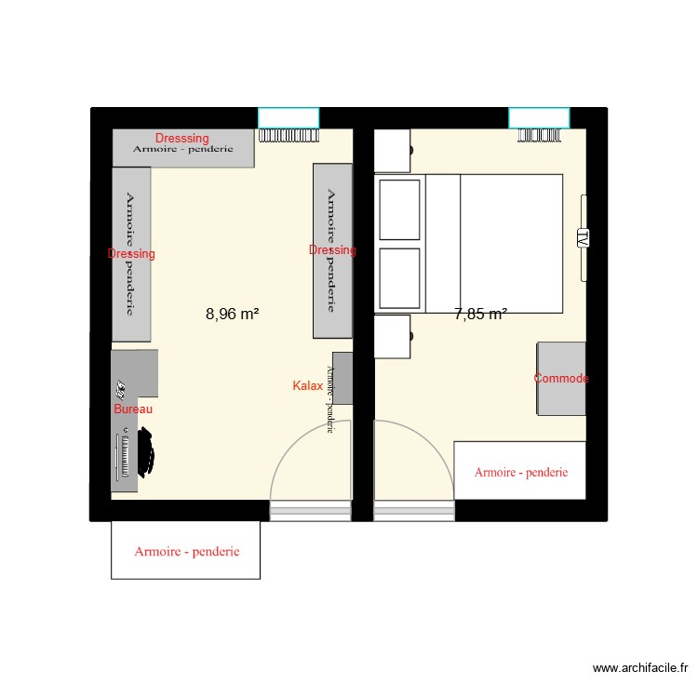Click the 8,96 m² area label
(x=232, y=315)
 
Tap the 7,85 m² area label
(x=480, y=315)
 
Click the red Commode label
(x=561, y=379)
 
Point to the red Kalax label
(x=307, y=385)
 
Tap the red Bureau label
(x=133, y=409)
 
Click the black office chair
(x=146, y=451)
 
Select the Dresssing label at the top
(x=182, y=139)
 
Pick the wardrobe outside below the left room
(x=186, y=551)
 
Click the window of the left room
(x=289, y=117)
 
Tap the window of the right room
(x=539, y=117)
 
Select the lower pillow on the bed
(x=400, y=277)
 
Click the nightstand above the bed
(x=392, y=151)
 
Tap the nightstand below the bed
(x=392, y=336)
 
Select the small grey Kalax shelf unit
(x=342, y=378)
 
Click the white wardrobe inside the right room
(x=519, y=472)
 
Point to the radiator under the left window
(x=288, y=135)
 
